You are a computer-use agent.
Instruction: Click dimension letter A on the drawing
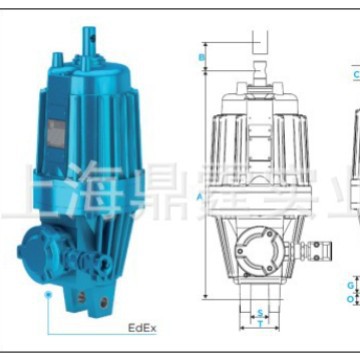coord(201,196)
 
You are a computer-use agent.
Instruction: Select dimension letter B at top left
coord(201,57)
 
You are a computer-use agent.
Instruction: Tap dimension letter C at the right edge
coord(354,75)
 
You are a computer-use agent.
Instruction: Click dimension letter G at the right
coord(349,285)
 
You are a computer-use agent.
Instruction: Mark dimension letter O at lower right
coord(349,298)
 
